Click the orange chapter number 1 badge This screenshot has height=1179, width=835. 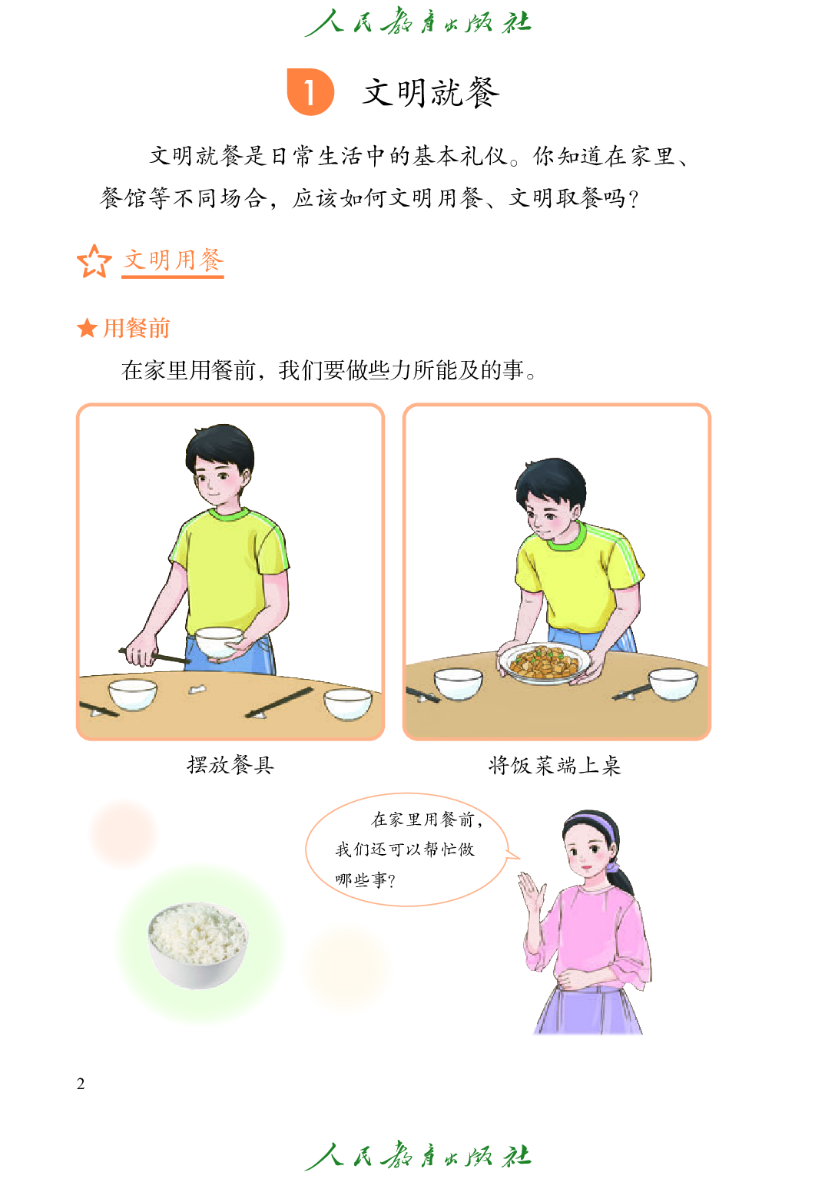(x=310, y=92)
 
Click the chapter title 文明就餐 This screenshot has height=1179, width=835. (x=431, y=93)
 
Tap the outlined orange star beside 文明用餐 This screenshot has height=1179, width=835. (x=94, y=261)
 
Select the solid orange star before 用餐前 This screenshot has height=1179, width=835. (x=87, y=329)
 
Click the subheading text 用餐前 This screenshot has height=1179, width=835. (x=136, y=329)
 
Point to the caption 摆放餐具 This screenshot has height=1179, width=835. (x=230, y=765)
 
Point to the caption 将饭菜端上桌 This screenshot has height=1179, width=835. (x=555, y=765)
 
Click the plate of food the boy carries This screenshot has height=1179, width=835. (x=544, y=663)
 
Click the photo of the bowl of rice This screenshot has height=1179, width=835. (x=198, y=944)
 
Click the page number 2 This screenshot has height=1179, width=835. (x=81, y=1084)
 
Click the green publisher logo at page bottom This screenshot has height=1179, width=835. (x=418, y=1155)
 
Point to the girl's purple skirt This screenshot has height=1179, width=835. (x=590, y=1010)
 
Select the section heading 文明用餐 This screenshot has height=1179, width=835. (x=174, y=260)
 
